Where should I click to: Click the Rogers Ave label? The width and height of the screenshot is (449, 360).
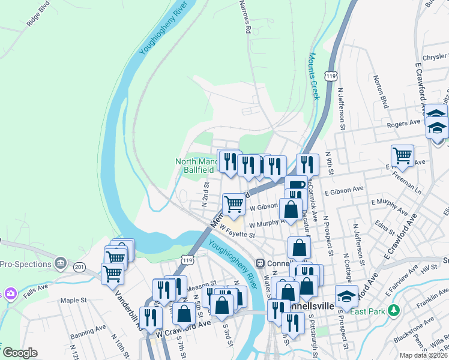tap(403, 124)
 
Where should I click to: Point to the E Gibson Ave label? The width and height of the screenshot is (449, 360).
tap(344, 189)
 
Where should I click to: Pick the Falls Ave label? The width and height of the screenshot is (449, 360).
tap(35, 288)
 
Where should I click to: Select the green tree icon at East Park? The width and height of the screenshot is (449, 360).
tap(393, 310)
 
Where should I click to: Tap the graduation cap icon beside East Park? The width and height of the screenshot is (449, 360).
tap(346, 296)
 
